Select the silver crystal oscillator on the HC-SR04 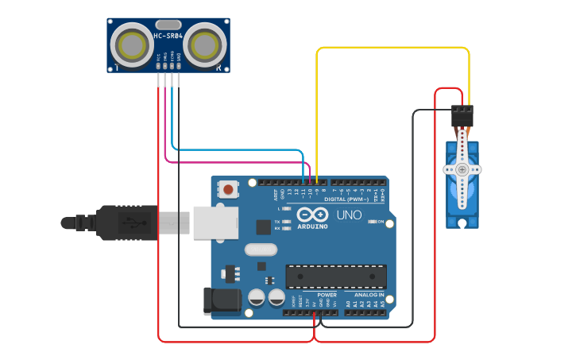pyautogui.click(x=168, y=25)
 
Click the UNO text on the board pyautogui.click(x=349, y=215)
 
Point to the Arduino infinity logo pyautogui.click(x=312, y=215)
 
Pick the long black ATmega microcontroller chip pyautogui.click(x=336, y=276)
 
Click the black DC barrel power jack pyautogui.click(x=222, y=301)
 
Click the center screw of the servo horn pyautogui.click(x=462, y=169)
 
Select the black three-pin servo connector pyautogui.click(x=462, y=117)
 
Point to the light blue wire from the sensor pyautogui.click(x=238, y=149)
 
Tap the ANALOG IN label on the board pyautogui.click(x=369, y=295)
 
